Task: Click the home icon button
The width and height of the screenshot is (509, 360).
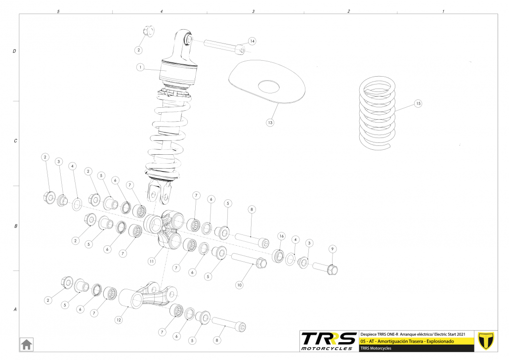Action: (x=26, y=344)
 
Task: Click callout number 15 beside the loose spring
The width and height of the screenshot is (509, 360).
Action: (x=418, y=104)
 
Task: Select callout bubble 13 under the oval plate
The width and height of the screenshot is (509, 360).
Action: (x=270, y=122)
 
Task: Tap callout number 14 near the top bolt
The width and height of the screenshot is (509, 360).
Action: (x=252, y=41)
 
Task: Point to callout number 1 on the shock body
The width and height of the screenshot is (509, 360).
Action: (x=140, y=67)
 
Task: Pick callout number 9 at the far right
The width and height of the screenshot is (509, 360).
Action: (x=333, y=249)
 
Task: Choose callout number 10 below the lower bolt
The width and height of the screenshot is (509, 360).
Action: (x=240, y=285)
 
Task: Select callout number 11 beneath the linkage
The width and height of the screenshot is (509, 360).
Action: (x=152, y=261)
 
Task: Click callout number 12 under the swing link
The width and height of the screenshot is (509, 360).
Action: (x=118, y=320)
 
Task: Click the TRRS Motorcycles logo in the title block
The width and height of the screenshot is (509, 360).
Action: (x=329, y=341)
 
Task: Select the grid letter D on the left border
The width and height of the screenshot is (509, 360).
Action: (x=14, y=51)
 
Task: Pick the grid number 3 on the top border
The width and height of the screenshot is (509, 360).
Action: (x=253, y=10)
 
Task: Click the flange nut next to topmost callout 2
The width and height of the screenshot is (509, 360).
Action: (x=148, y=31)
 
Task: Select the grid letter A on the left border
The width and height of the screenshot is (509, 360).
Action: (x=15, y=310)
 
